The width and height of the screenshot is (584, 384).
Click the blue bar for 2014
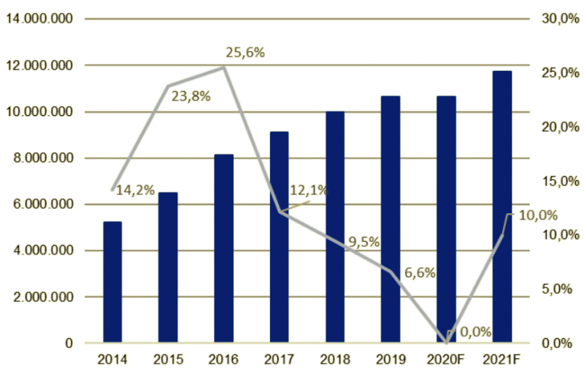point(112,282)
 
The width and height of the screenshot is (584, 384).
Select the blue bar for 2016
point(223,248)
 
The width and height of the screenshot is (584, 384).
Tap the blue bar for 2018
point(334,227)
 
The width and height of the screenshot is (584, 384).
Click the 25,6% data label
point(244,53)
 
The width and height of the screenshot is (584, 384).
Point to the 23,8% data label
point(191,95)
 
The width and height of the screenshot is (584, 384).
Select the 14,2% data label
point(135,191)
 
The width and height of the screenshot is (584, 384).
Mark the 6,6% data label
point(420,273)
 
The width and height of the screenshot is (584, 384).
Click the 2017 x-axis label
point(279,360)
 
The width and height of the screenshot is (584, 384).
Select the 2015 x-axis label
point(168,360)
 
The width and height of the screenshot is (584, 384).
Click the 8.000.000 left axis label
point(43,158)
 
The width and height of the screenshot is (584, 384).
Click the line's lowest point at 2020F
point(446,342)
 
